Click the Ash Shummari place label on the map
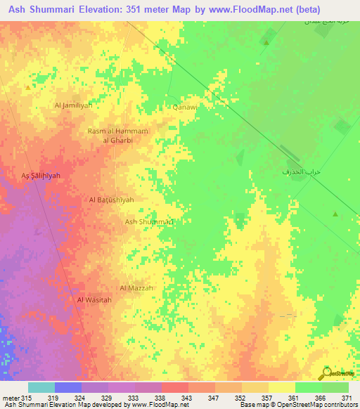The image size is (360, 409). click(x=149, y=221)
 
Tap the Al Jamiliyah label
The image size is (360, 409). click(x=73, y=105)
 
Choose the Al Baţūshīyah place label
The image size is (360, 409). click(x=111, y=200)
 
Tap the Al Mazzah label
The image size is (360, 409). click(x=136, y=288)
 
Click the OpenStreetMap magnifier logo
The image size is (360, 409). click(x=327, y=372)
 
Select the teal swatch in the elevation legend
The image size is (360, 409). click(x=41, y=387)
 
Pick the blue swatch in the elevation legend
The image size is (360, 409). click(x=68, y=387)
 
